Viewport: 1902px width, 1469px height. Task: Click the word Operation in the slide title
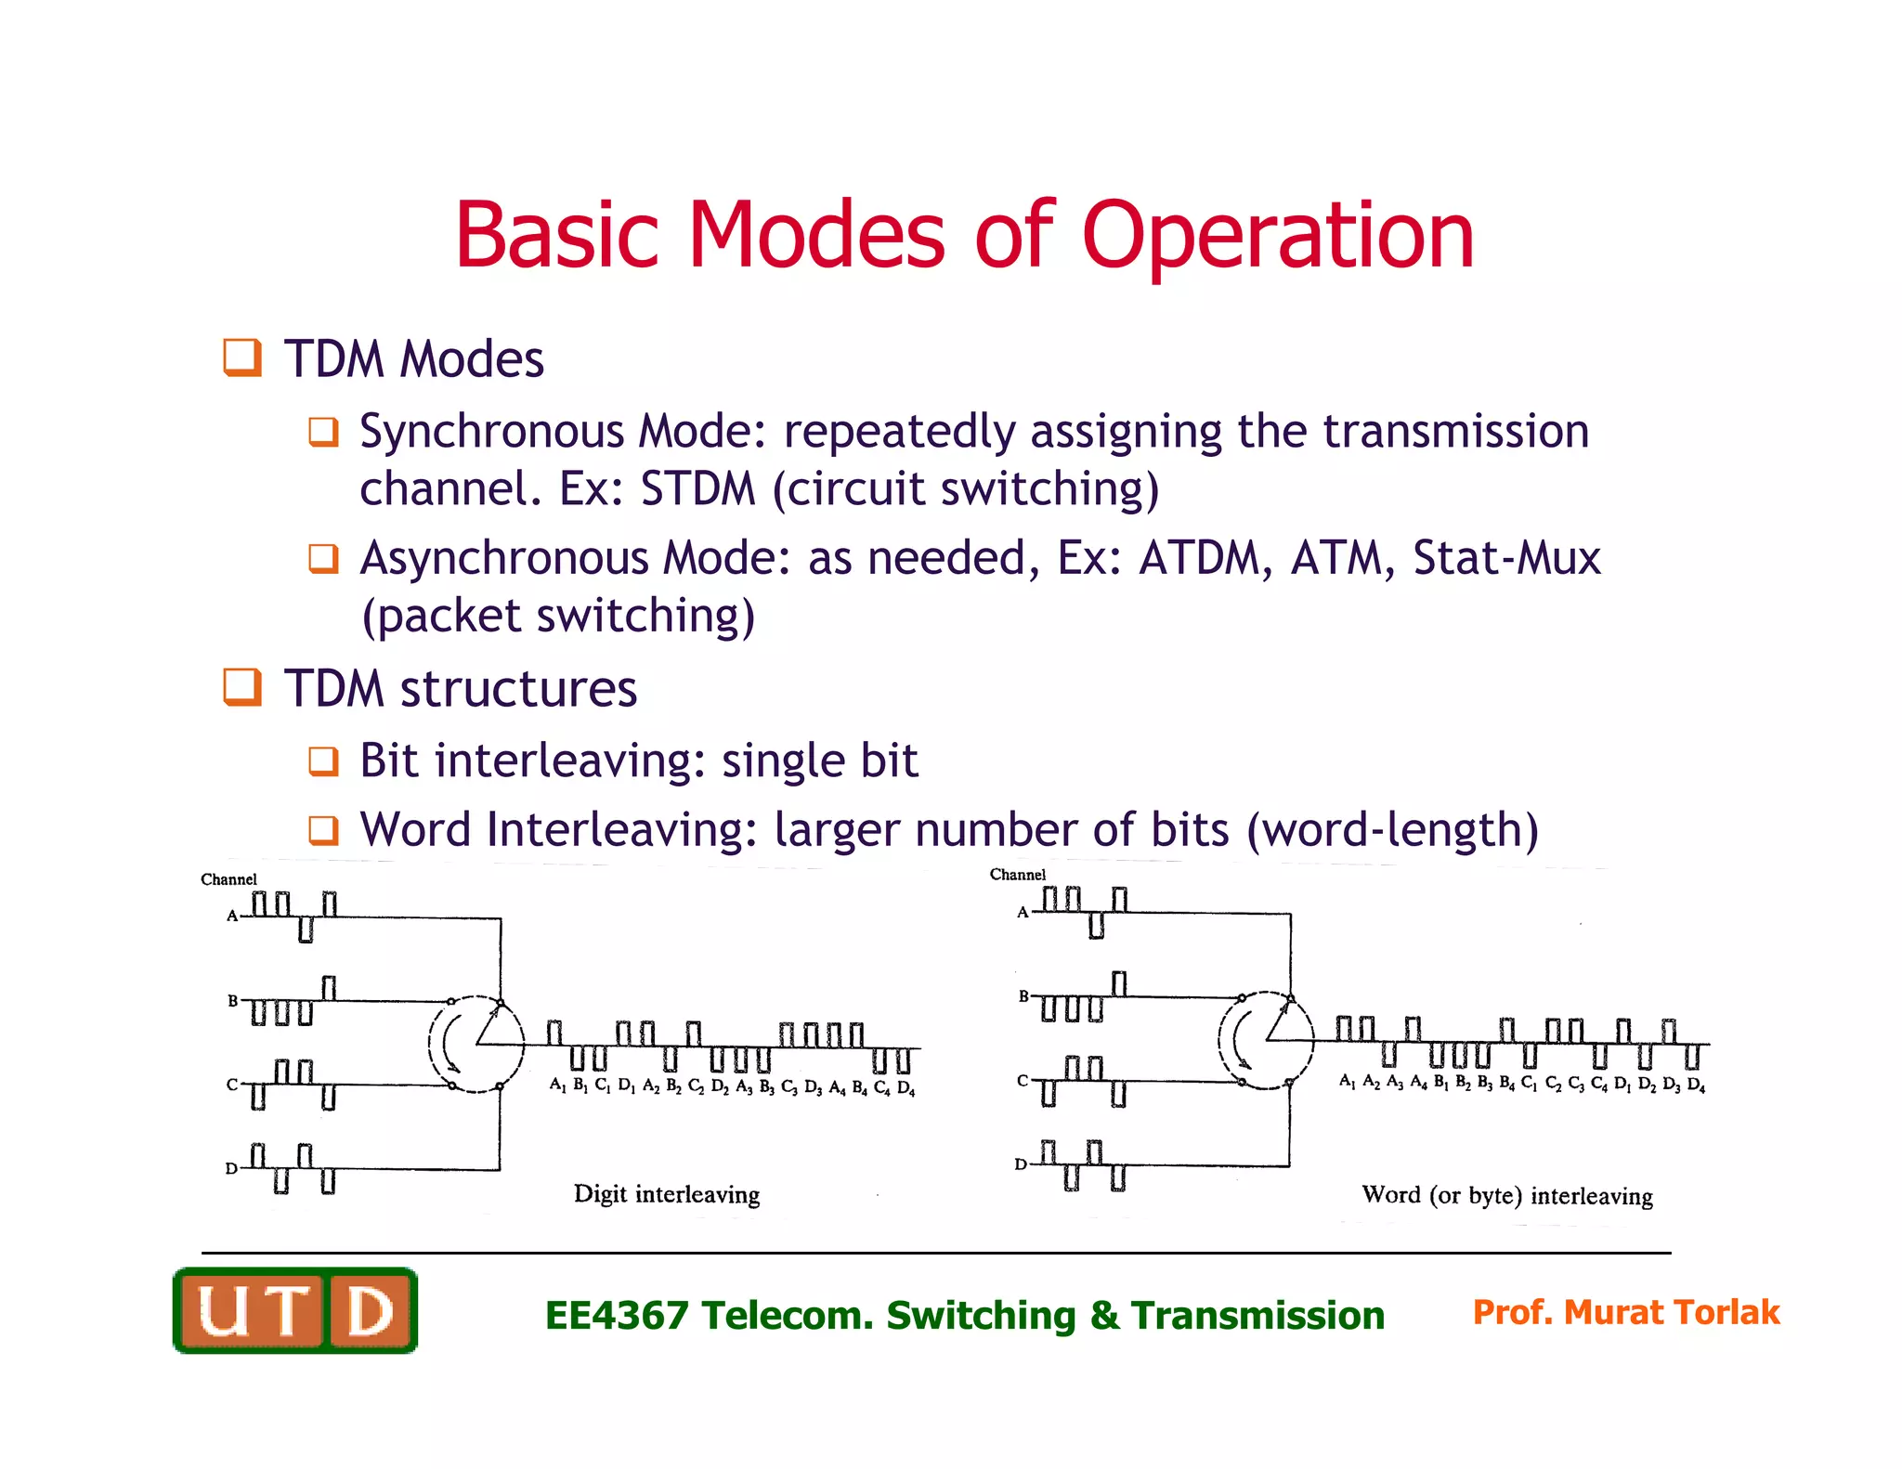coord(1277,237)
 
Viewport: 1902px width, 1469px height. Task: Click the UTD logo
coord(295,1310)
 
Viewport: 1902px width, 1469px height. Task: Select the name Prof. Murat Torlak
coord(1625,1312)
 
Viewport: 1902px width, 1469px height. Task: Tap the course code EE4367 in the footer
coord(616,1316)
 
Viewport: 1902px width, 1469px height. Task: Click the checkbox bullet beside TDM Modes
coord(242,357)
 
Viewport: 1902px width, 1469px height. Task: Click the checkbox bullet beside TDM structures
coord(242,687)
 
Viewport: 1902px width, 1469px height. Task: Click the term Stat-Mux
coord(1506,559)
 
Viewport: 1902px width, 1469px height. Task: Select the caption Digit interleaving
coord(666,1194)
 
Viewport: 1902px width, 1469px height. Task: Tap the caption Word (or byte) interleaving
coord(1506,1195)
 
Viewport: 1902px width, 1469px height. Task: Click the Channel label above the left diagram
coord(228,879)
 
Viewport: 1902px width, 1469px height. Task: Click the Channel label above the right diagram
coord(1017,875)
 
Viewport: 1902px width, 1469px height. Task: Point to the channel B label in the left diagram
coord(233,1001)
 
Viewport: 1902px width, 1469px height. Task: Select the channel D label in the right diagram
coord(1021,1164)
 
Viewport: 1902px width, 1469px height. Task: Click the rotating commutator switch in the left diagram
coord(476,1044)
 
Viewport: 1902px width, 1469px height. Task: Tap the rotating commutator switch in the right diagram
coord(1266,1040)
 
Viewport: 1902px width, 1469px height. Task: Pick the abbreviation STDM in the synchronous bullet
coord(697,489)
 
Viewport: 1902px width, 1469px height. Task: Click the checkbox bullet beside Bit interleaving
coord(322,761)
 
